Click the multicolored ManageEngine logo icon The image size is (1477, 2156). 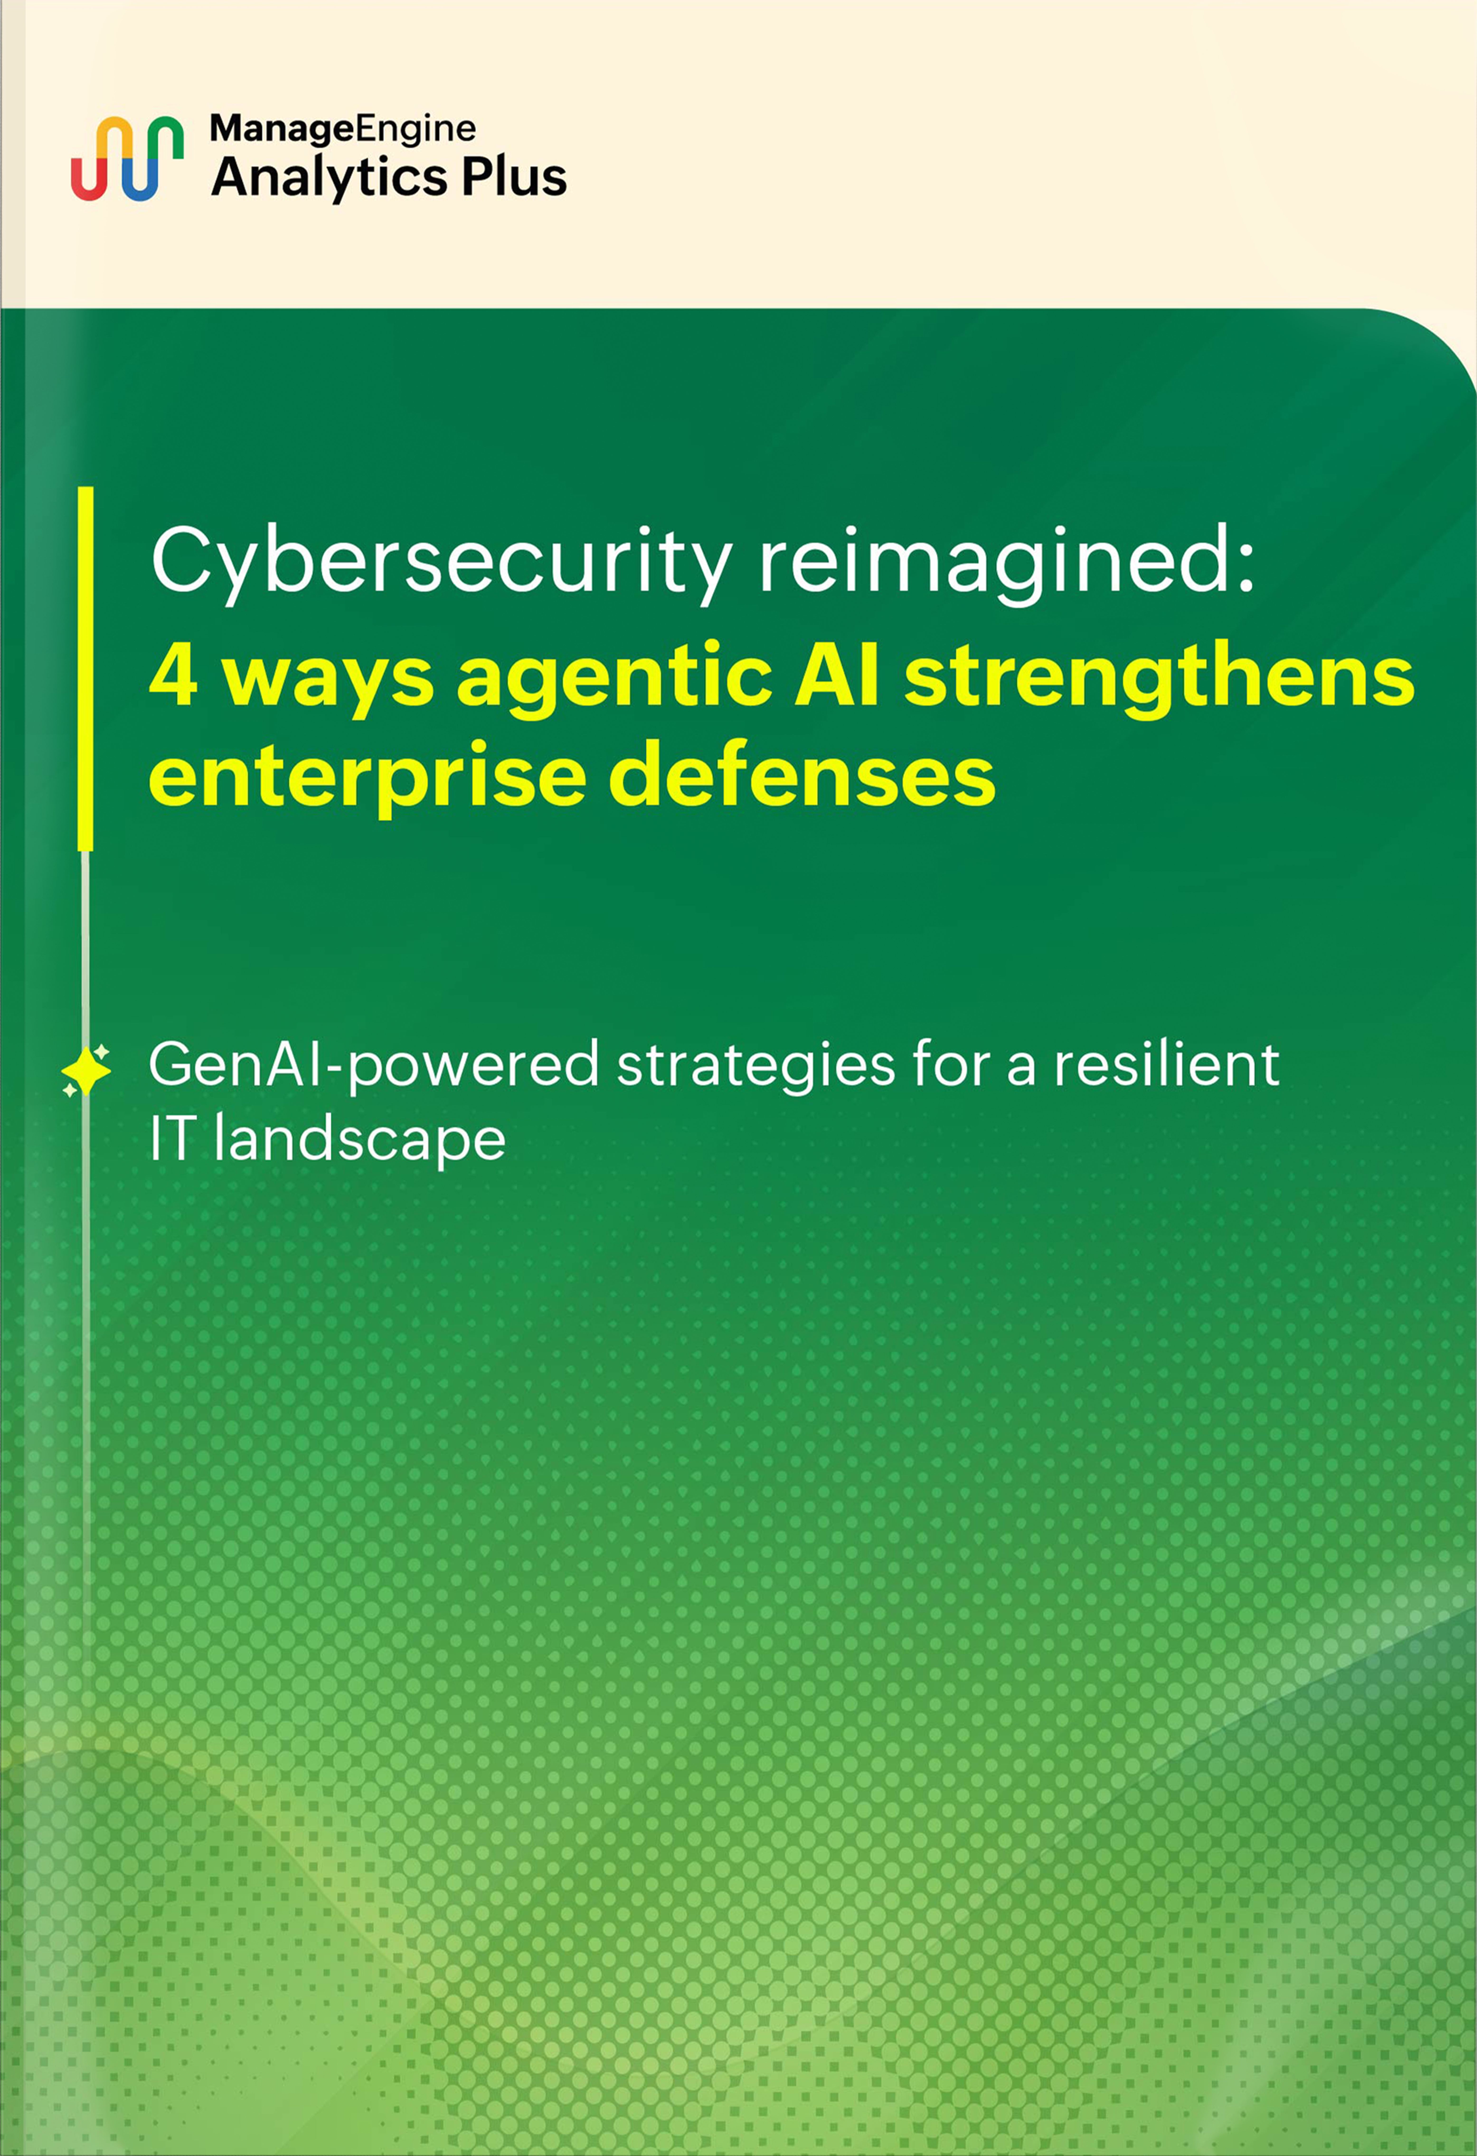[x=127, y=159]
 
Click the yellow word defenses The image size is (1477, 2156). [x=802, y=776]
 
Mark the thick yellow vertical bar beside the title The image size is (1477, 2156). [x=85, y=668]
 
